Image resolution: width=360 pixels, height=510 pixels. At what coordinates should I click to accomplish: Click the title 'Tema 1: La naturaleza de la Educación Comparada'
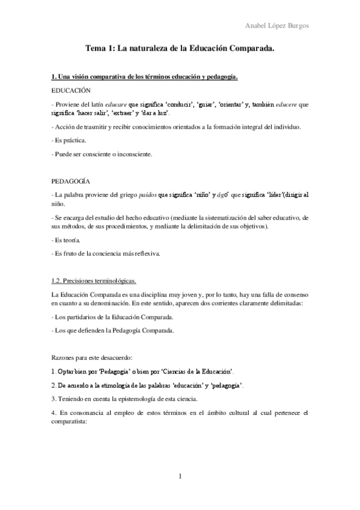pyautogui.click(x=180, y=52)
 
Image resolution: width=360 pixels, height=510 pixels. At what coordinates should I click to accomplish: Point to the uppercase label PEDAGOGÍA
pyautogui.click(x=71, y=180)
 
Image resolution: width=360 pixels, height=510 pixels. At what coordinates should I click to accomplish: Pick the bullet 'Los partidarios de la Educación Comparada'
pyautogui.click(x=113, y=316)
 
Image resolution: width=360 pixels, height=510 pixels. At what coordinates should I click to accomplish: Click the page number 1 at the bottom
pyautogui.click(x=180, y=477)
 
